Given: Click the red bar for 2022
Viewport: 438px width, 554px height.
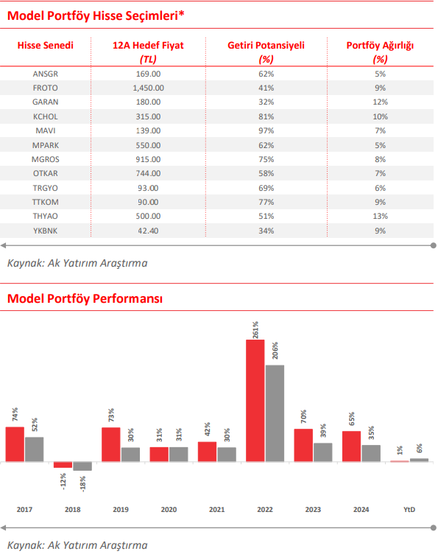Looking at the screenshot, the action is [255, 401].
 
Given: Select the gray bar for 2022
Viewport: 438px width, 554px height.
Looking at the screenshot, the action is [275, 413].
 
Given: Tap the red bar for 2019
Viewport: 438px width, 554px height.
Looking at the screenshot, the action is [111, 445].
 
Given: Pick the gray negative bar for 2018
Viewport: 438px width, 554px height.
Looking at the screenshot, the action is [82, 466].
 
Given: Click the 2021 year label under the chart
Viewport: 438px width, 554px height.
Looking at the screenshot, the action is [216, 510].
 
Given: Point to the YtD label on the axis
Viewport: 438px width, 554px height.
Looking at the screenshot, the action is [409, 510].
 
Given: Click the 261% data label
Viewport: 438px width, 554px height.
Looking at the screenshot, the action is [255, 330].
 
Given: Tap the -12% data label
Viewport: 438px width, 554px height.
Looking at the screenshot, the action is [63, 481].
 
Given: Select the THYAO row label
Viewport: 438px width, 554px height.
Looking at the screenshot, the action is [45, 216].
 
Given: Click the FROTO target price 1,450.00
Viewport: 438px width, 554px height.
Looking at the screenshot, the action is [148, 88].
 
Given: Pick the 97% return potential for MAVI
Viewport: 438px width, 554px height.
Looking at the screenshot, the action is [266, 130].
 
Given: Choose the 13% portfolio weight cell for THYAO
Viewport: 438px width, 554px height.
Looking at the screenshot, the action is [380, 216].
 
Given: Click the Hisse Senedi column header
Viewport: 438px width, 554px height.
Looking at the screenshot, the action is [45, 45].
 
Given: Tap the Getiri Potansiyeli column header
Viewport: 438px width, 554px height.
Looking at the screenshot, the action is [266, 45].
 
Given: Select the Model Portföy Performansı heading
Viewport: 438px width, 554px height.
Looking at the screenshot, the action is [85, 298].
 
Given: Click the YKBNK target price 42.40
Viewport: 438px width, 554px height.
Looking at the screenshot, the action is [148, 231].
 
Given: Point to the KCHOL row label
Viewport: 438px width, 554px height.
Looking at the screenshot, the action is [45, 116].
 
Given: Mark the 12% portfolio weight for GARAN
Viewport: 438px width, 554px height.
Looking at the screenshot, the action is [380, 102].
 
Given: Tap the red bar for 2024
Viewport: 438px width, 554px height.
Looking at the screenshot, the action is [352, 446].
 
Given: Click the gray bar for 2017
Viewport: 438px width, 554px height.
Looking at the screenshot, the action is [35, 449].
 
